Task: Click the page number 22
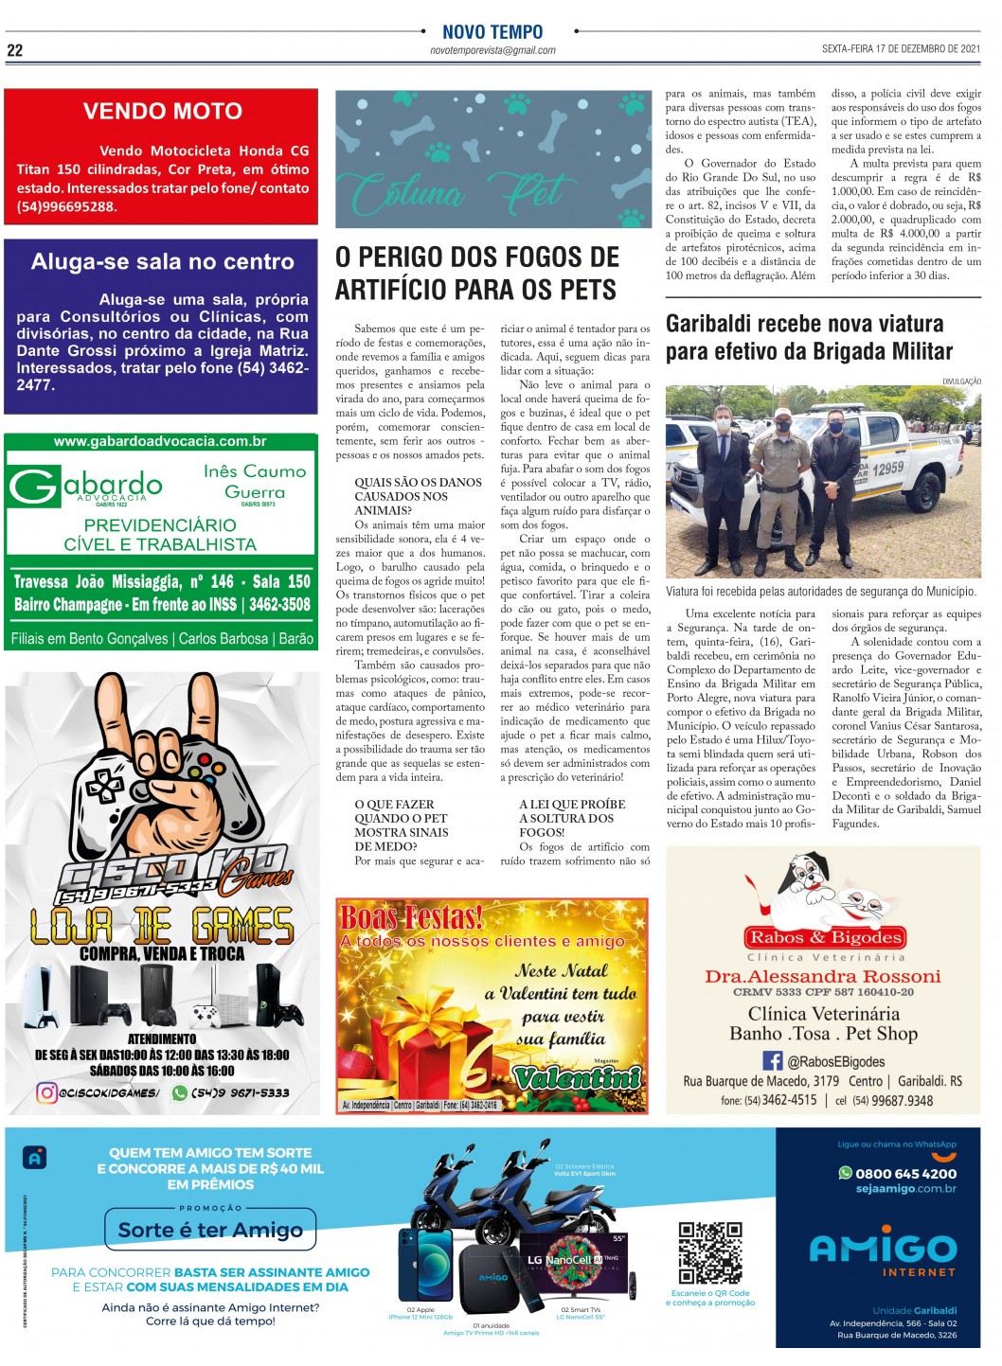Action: (15, 50)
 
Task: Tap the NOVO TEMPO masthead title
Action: (492, 32)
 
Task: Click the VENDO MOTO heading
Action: (162, 111)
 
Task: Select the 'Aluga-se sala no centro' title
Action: (162, 261)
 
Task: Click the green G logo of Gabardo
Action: (34, 487)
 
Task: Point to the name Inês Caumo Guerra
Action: (255, 481)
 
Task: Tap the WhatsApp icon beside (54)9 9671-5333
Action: (179, 1092)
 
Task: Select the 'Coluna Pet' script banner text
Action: (459, 191)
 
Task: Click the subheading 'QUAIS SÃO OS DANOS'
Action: (418, 483)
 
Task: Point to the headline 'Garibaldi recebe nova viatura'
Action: (804, 324)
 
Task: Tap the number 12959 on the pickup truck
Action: (887, 468)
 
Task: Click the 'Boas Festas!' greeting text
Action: (411, 916)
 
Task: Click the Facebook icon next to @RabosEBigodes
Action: (773, 1061)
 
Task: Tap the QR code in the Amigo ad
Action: (709, 1251)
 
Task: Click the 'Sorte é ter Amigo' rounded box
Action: (209, 1230)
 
